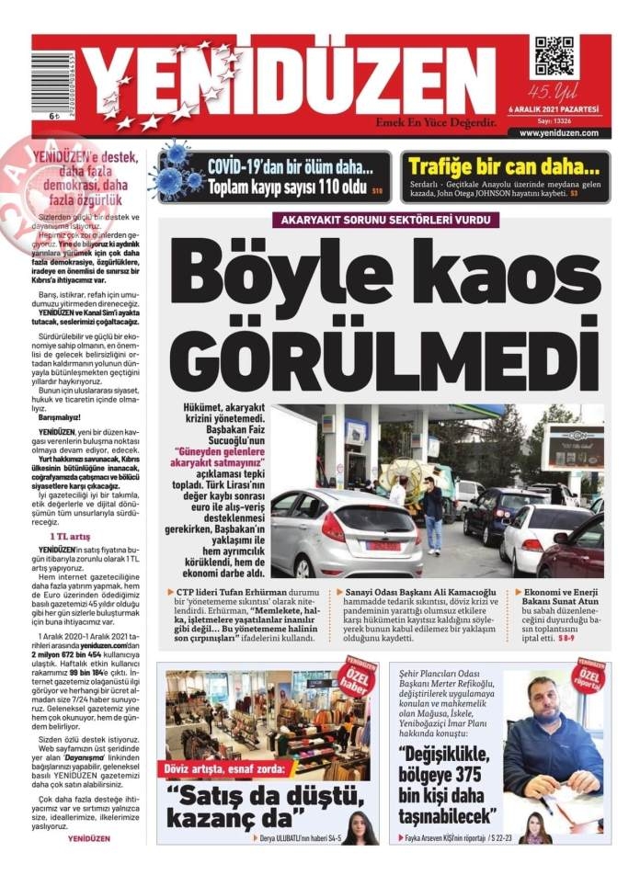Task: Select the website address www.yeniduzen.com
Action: tap(558, 132)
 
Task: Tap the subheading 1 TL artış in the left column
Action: tap(69, 535)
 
